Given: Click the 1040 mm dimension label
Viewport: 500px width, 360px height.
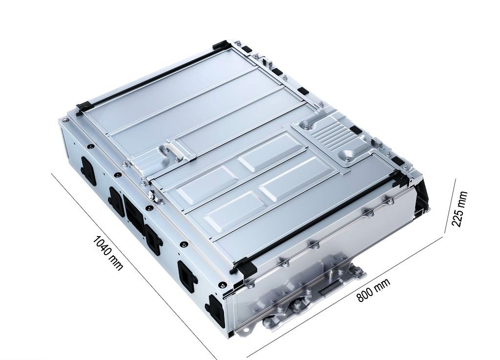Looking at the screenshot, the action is pyautogui.click(x=107, y=253).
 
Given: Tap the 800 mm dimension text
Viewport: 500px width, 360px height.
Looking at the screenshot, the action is pyautogui.click(x=374, y=290).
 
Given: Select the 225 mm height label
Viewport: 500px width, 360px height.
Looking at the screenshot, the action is pyautogui.click(x=459, y=209).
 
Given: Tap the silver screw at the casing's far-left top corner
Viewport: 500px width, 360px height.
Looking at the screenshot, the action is pyautogui.click(x=65, y=120).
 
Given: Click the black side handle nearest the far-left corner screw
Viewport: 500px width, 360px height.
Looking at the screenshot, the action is pyautogui.click(x=88, y=170).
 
